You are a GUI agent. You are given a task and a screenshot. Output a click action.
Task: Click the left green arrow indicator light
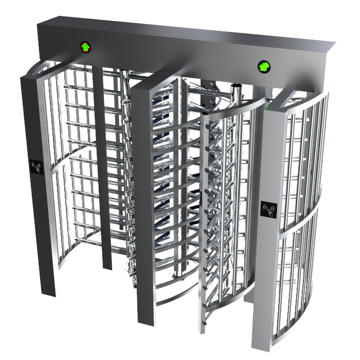coord(84,47)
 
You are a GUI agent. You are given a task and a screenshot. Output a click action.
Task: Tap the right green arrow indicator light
coord(264,66)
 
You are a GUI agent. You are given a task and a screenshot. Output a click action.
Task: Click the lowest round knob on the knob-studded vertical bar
coord(205,322)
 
